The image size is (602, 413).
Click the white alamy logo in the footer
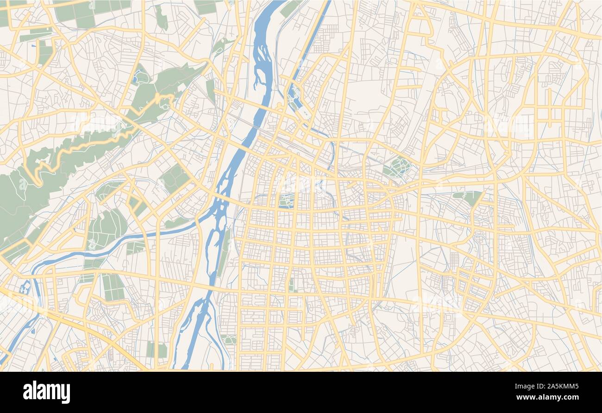click(x=47, y=392)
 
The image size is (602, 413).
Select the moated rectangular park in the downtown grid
click(x=286, y=201)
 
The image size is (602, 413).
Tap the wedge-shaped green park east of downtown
click(x=469, y=197)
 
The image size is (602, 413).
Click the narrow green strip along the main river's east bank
click(x=224, y=252)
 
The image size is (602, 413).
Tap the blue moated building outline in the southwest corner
click(x=25, y=288)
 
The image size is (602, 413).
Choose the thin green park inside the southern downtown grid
click(x=291, y=285)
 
